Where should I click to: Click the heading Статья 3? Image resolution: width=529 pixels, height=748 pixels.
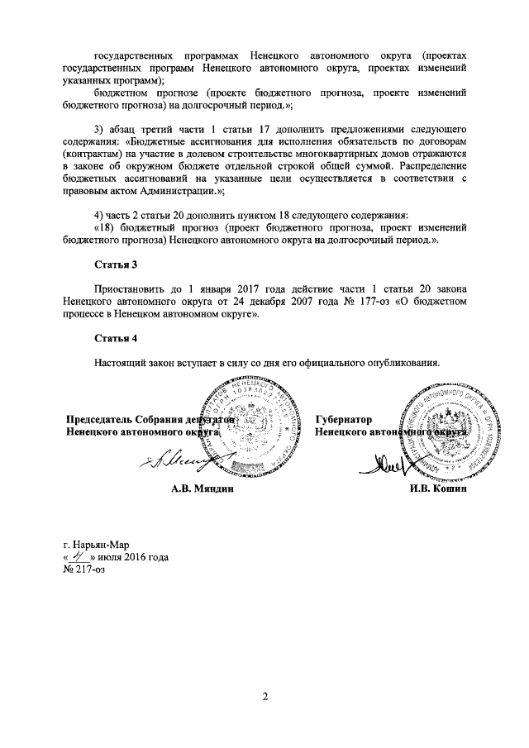[x=115, y=264]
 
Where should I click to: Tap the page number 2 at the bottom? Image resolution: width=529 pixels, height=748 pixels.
[x=265, y=697]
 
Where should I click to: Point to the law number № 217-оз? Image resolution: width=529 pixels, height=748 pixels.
[x=85, y=569]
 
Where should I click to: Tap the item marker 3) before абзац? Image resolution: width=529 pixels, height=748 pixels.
[x=100, y=130]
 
